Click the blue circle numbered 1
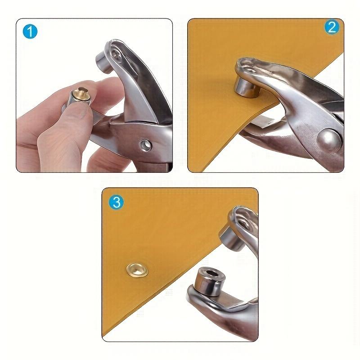(x=30, y=31)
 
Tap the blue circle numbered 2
(x=331, y=28)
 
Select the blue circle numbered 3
(x=116, y=202)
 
